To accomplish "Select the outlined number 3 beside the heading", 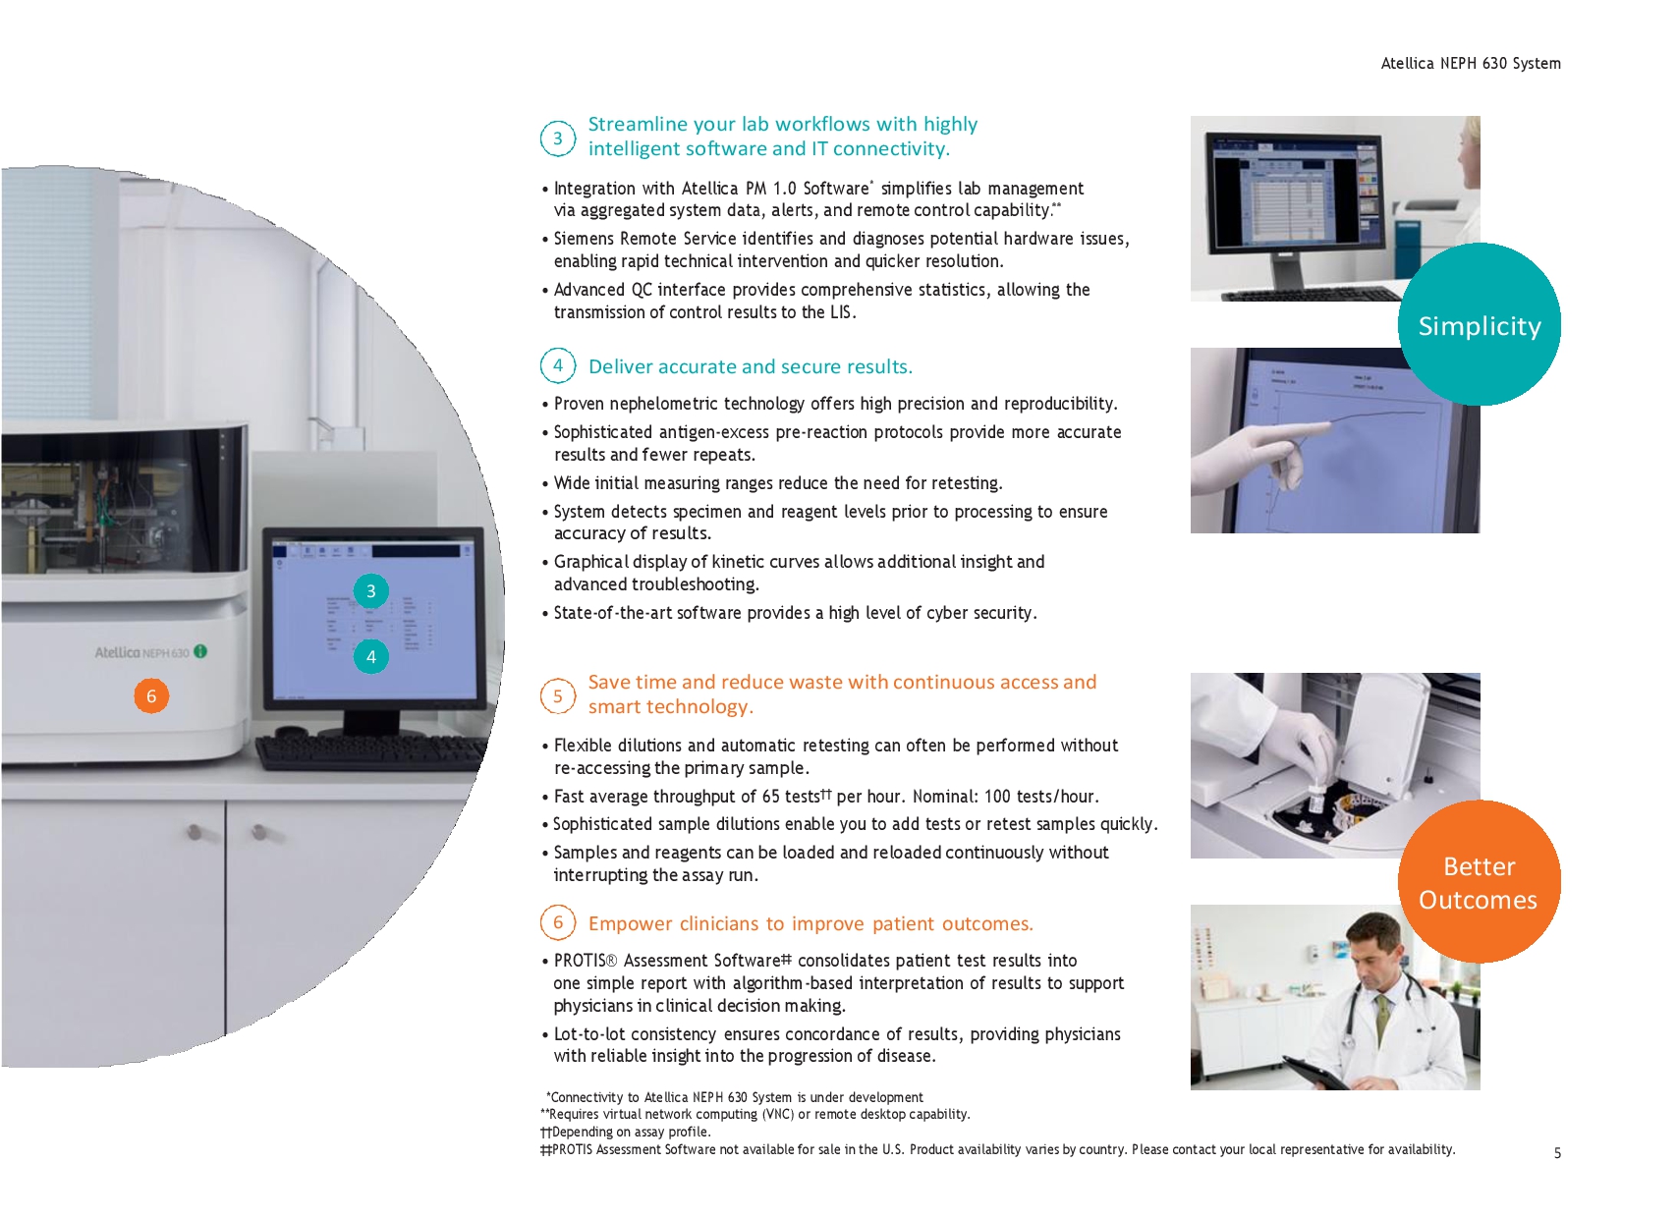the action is tap(558, 139).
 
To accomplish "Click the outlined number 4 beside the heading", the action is tap(558, 365).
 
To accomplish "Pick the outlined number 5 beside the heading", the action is tap(558, 696).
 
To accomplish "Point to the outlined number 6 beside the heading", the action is tap(558, 922).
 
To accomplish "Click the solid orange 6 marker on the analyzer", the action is tap(151, 696).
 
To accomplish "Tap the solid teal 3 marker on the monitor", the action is tap(370, 591).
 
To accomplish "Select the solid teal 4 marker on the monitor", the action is tap(370, 657).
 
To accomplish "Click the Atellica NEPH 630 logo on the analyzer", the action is tap(150, 652).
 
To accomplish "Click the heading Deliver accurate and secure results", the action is tap(751, 366).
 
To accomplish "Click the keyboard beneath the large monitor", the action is tap(372, 754).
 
